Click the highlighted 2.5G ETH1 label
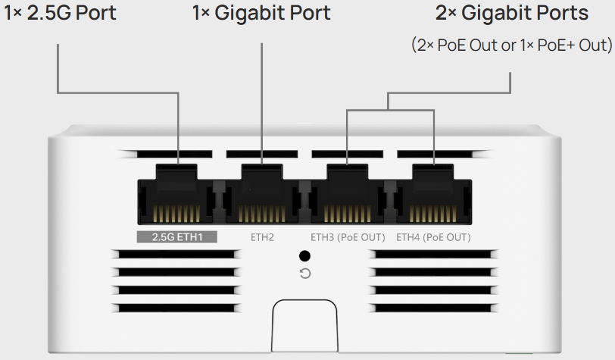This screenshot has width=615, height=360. point(176,237)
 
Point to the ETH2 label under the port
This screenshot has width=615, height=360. point(262,237)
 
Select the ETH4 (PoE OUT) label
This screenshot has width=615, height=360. point(432,237)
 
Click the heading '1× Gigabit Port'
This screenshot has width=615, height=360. point(261,13)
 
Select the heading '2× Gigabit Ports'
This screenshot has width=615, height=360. point(512,13)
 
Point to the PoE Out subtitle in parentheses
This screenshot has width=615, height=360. point(511,45)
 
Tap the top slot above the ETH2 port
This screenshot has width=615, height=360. point(261,154)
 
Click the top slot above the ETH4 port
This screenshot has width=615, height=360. point(432,154)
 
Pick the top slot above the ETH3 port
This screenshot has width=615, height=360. point(346,154)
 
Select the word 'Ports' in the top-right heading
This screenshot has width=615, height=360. point(561,13)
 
